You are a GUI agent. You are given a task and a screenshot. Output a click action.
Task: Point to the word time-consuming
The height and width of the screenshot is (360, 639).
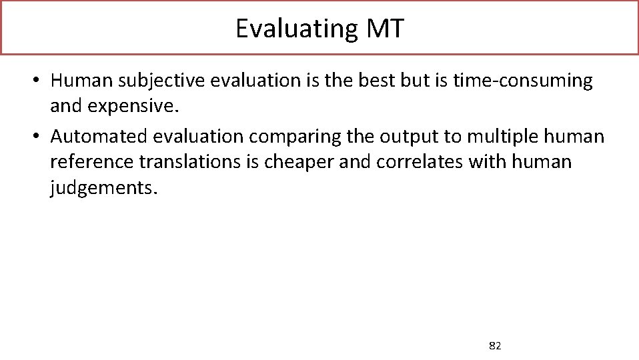[522, 81]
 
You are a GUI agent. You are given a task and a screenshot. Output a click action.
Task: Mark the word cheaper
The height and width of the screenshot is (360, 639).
[305, 161]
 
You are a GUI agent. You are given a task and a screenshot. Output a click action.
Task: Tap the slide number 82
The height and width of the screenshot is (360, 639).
[495, 345]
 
